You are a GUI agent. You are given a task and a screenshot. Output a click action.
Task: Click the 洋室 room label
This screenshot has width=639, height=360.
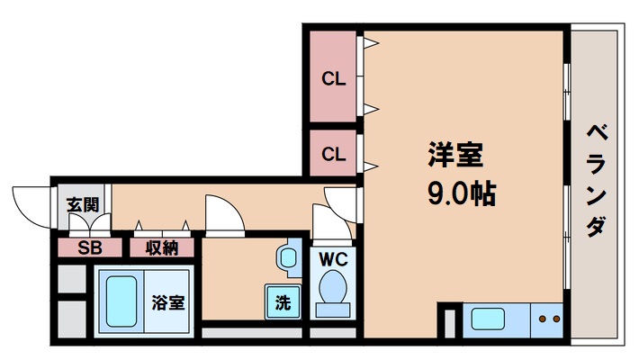[455, 155]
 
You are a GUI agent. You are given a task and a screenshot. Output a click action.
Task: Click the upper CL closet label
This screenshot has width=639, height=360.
[334, 79]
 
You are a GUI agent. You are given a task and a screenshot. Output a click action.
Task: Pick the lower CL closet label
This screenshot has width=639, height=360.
[334, 154]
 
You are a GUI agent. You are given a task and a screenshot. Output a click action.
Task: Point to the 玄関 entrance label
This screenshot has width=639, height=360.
[82, 204]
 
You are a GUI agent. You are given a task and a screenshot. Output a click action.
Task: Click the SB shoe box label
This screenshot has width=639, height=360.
[88, 247]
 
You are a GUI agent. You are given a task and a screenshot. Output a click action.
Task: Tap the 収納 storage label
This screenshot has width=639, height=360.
[163, 247]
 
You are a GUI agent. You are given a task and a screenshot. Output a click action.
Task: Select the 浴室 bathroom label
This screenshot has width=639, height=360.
[168, 302]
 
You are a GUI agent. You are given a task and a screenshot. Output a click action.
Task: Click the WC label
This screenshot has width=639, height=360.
[335, 258]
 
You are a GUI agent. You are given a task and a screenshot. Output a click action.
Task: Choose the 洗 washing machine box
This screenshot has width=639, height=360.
[283, 302]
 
